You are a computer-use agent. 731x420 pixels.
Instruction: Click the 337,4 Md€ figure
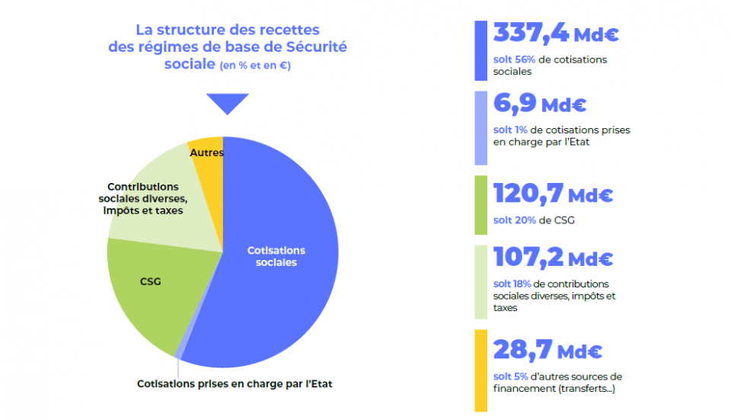point(555,34)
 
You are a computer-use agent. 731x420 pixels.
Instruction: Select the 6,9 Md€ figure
point(540,104)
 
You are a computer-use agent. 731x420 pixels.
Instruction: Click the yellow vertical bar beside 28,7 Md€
point(480,370)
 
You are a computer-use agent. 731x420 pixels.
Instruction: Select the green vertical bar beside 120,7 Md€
point(480,205)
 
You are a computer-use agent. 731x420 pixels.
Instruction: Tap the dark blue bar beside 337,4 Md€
point(480,50)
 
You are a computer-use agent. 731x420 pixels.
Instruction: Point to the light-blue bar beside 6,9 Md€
point(480,127)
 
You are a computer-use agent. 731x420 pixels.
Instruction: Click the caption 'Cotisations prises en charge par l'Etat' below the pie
point(235,383)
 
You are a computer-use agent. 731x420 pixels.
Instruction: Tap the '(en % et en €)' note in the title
point(255,66)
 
